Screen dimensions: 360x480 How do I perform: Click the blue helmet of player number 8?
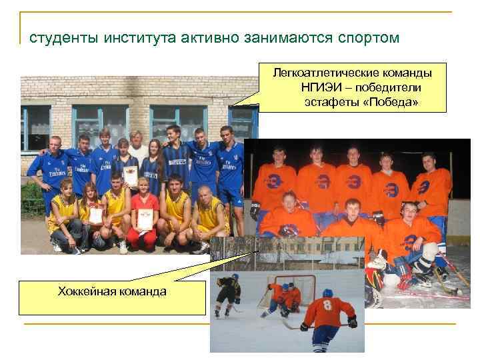point(327,293)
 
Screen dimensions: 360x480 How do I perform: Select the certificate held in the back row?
point(131,175)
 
